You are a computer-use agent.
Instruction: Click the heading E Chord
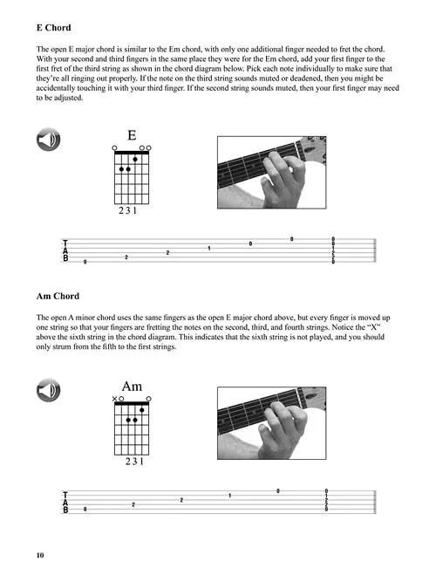click(x=54, y=28)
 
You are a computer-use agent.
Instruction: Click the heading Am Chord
click(x=58, y=296)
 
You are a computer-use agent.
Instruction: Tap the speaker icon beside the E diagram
click(x=48, y=140)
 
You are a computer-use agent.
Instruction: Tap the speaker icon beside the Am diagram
click(x=48, y=391)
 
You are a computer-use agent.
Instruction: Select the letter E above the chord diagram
click(x=132, y=135)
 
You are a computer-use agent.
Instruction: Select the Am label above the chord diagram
click(x=132, y=387)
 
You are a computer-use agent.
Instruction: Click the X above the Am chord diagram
click(x=114, y=399)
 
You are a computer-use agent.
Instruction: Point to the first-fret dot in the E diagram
click(x=135, y=159)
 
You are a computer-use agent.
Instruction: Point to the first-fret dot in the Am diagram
click(x=142, y=410)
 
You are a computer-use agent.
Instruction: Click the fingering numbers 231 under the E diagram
click(x=127, y=211)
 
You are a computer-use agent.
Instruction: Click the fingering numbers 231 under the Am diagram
click(x=134, y=462)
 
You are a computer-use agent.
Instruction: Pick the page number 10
click(x=40, y=555)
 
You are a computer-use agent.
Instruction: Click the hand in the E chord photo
click(x=283, y=180)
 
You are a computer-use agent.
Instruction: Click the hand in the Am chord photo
click(x=283, y=430)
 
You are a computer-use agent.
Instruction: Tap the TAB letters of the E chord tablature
click(x=65, y=250)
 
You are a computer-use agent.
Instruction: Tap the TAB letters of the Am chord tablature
click(x=65, y=502)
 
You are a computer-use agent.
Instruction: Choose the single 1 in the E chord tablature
click(x=209, y=249)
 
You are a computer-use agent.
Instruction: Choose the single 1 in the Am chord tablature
click(x=230, y=496)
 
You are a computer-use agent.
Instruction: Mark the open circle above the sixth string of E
click(x=114, y=148)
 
